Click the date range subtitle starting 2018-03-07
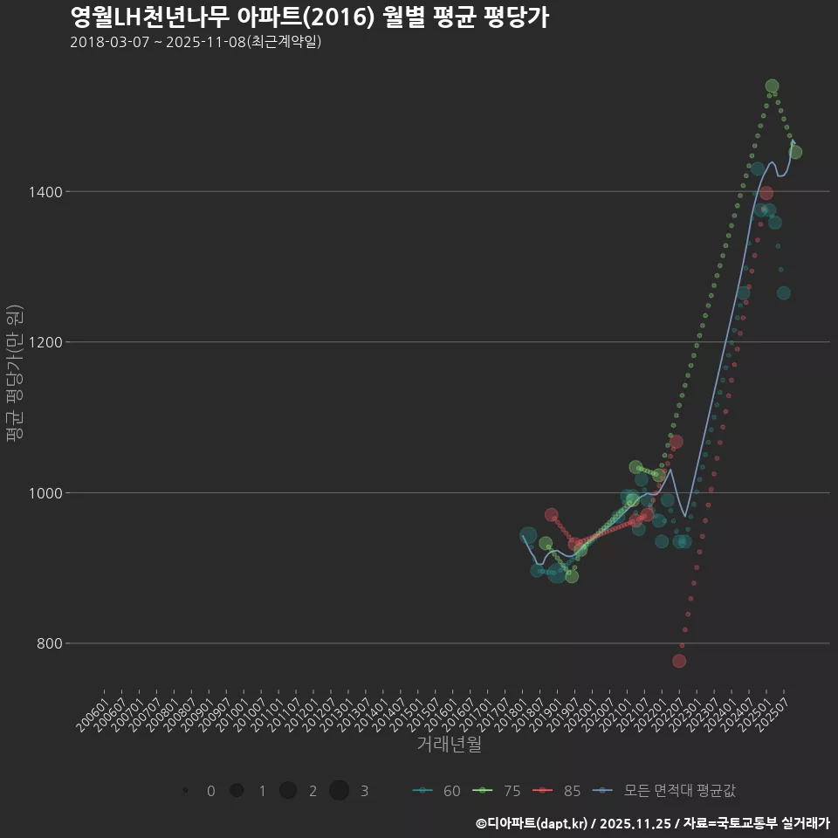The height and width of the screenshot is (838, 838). [x=196, y=42]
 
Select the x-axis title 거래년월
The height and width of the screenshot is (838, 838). [x=449, y=744]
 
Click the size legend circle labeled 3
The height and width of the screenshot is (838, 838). [x=340, y=791]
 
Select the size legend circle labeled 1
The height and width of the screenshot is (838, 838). [x=237, y=791]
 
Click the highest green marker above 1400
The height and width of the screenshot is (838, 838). [x=772, y=86]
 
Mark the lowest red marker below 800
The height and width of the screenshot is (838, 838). [x=679, y=661]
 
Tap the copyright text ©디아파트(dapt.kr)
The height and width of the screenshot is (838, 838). [x=532, y=823]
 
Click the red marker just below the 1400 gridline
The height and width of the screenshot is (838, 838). [x=766, y=193]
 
